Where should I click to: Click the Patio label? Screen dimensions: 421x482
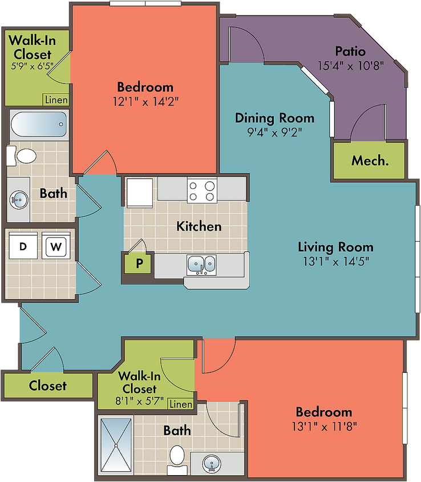[x=350, y=51]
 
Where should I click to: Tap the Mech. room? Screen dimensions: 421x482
[x=369, y=160]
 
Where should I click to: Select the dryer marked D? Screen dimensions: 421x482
[x=23, y=246]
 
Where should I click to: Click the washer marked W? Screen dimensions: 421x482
[x=56, y=246]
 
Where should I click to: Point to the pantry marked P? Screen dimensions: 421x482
[x=139, y=263]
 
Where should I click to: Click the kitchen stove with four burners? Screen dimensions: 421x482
[x=202, y=191]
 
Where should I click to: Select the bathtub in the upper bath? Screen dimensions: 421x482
[x=39, y=124]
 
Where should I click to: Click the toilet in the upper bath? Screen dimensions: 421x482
[x=22, y=156]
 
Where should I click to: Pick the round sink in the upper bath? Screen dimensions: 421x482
[x=18, y=200]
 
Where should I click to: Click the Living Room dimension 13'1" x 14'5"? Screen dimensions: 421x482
[x=336, y=262]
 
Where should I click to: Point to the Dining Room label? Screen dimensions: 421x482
[x=274, y=118]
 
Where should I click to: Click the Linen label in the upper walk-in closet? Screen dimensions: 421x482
[x=56, y=99]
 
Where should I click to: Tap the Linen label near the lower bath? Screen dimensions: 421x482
[x=181, y=404]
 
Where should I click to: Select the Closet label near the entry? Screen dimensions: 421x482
[x=47, y=385]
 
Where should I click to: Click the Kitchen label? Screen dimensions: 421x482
[x=199, y=227]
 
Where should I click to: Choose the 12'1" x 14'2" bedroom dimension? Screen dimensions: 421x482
[x=145, y=101]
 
